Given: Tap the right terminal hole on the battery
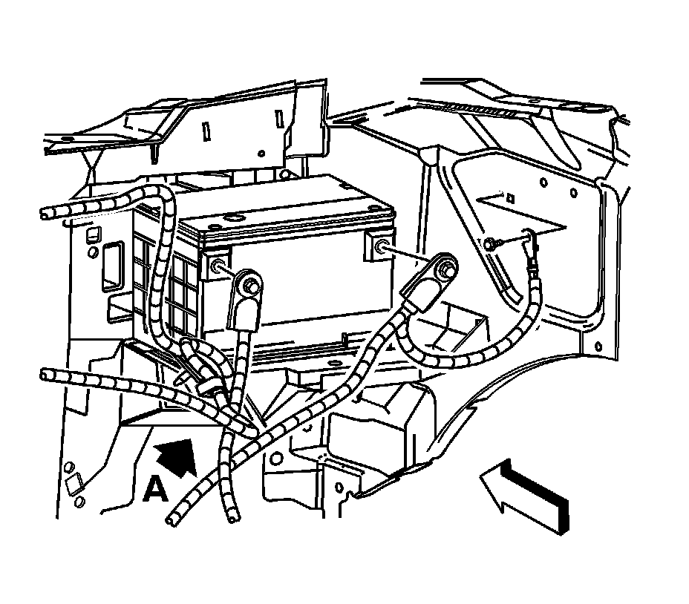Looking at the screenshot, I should (x=382, y=247).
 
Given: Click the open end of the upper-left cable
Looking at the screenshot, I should (x=47, y=215).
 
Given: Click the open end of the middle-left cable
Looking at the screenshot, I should (x=47, y=373).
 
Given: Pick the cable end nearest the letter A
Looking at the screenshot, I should (x=177, y=517).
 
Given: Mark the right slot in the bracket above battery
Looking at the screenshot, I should (x=279, y=117).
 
